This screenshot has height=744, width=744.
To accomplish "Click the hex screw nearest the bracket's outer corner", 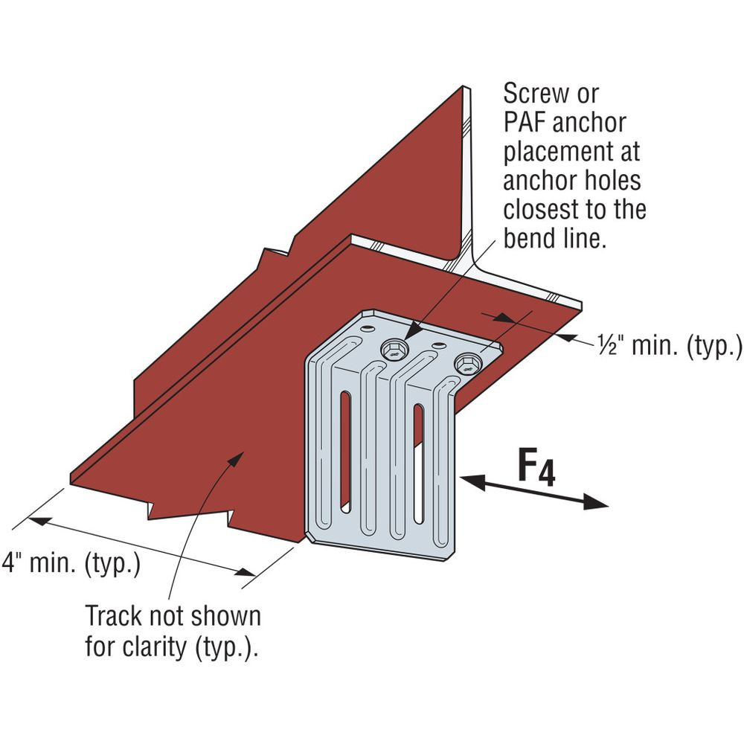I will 468,363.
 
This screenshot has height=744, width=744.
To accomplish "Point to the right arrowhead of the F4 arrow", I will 600,504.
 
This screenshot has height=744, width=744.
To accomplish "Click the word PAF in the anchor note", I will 527,123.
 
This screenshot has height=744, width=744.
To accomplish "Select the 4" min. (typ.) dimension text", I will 71,563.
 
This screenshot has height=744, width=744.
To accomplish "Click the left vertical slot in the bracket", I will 345,451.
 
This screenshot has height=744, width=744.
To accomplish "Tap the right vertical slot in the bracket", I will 419,461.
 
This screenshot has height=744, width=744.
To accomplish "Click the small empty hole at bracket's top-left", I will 368,327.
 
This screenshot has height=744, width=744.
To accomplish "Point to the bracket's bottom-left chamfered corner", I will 310,537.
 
